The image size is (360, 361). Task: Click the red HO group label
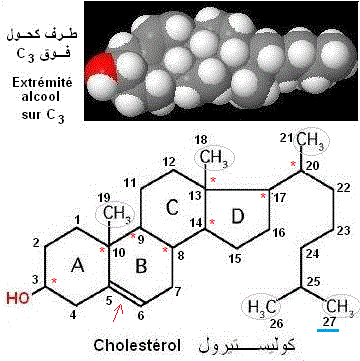(x=17, y=296)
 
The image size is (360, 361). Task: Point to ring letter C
(x=171, y=209)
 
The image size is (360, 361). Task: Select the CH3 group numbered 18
(x=211, y=158)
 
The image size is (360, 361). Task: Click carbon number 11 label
(x=130, y=183)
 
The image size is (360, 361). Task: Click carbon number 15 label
(x=234, y=260)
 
